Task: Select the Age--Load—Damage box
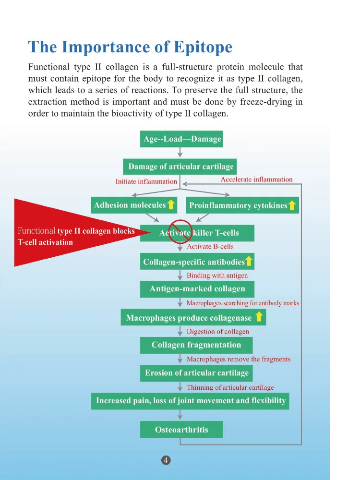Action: pyautogui.click(x=182, y=139)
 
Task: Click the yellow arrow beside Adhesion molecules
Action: pyautogui.click(x=170, y=205)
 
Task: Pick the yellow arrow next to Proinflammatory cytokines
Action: pyautogui.click(x=292, y=206)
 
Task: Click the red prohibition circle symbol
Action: pyautogui.click(x=179, y=232)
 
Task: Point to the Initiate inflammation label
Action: pyautogui.click(x=146, y=181)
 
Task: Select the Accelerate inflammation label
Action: pyautogui.click(x=256, y=180)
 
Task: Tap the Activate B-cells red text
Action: pyautogui.click(x=210, y=247)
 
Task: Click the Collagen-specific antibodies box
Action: pyautogui.click(x=197, y=262)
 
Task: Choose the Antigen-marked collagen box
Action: pyautogui.click(x=197, y=289)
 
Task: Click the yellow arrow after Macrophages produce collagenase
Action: pyautogui.click(x=259, y=317)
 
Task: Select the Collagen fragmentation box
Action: pyautogui.click(x=196, y=345)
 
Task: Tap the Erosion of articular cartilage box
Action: pyautogui.click(x=196, y=373)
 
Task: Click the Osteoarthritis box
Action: pyautogui.click(x=181, y=429)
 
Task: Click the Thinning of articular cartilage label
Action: pyautogui.click(x=230, y=387)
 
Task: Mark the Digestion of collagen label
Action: pyautogui.click(x=218, y=331)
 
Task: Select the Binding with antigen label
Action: pyautogui.click(x=217, y=276)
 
